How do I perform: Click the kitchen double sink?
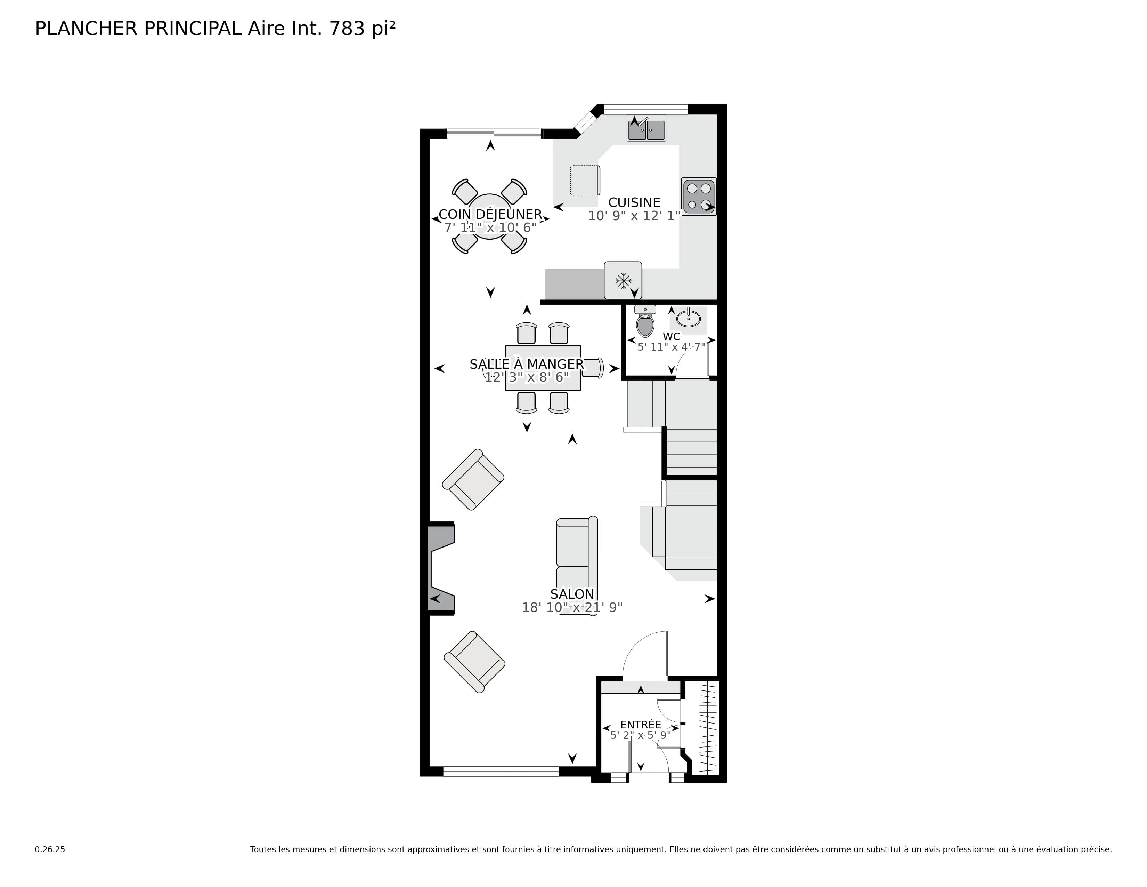(x=646, y=129)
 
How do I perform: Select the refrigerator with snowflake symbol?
(x=623, y=281)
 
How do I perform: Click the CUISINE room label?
(x=634, y=203)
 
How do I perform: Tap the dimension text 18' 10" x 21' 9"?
(x=572, y=608)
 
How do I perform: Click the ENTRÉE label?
(x=640, y=725)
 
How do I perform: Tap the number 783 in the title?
(x=347, y=29)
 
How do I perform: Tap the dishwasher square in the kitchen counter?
(x=585, y=180)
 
